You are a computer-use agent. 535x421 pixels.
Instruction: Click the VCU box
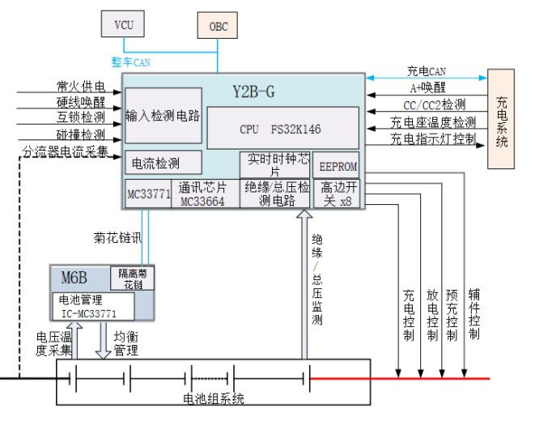[x=123, y=24]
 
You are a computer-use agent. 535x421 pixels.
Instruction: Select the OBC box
[x=219, y=26]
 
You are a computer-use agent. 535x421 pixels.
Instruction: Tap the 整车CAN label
[x=130, y=61]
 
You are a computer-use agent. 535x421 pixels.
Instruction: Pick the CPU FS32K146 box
[x=282, y=128]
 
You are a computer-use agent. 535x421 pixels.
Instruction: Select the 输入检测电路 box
[x=163, y=116]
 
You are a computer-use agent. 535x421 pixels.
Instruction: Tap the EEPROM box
[x=335, y=164]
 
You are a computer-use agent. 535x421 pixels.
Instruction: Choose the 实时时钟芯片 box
[x=274, y=165]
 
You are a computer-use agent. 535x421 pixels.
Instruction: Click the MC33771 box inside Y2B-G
[x=148, y=194]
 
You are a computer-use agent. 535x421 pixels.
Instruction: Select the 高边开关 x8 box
[x=335, y=194]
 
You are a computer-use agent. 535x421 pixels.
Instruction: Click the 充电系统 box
[x=502, y=120]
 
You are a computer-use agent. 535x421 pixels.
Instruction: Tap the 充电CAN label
[x=426, y=72]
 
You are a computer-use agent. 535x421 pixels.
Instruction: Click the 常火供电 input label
[x=80, y=87]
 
